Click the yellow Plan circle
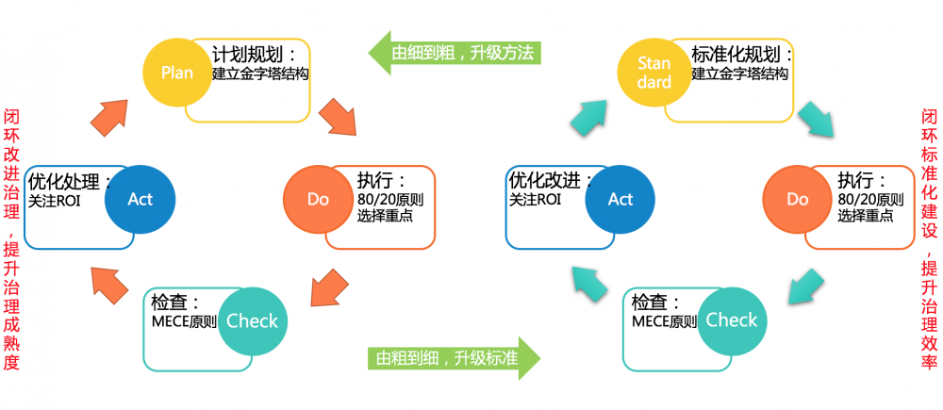pyautogui.click(x=177, y=73)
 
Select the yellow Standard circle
pyautogui.click(x=653, y=73)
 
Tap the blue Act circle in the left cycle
pyautogui.click(x=141, y=199)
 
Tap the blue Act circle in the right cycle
pyautogui.click(x=620, y=199)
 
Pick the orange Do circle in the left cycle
pyautogui.click(x=319, y=199)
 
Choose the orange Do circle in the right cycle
pyautogui.click(x=798, y=199)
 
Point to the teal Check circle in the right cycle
pyautogui.click(x=732, y=320)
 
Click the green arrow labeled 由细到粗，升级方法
pyautogui.click(x=454, y=52)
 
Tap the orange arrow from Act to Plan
pyautogui.click(x=110, y=119)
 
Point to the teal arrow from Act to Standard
pyautogui.click(x=589, y=119)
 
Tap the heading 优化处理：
pyautogui.click(x=71, y=180)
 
